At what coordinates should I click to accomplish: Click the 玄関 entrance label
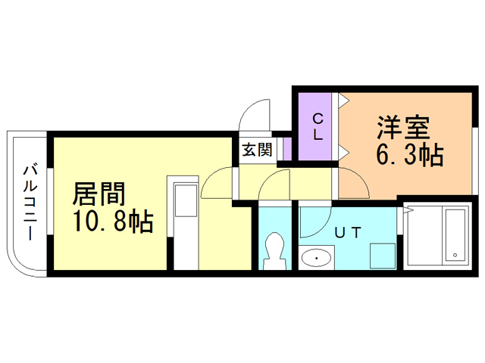tap(257, 150)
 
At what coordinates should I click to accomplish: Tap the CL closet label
tap(318, 126)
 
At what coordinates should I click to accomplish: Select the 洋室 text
tap(403, 127)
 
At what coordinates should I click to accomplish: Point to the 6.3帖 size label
tap(409, 154)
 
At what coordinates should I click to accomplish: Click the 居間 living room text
tap(99, 194)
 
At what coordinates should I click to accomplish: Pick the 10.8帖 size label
tap(113, 221)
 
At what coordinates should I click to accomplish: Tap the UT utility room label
tap(348, 233)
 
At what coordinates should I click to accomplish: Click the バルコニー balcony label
tap(30, 203)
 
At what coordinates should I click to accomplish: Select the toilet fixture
tap(273, 250)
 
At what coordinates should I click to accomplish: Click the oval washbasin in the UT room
tap(317, 258)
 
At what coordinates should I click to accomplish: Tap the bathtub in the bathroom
tap(455, 234)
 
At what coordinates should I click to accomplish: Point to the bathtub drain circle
tap(455, 255)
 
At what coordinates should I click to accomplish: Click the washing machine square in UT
tap(383, 256)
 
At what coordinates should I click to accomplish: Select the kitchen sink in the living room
tap(186, 200)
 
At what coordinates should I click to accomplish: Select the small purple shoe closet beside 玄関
tap(287, 149)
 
